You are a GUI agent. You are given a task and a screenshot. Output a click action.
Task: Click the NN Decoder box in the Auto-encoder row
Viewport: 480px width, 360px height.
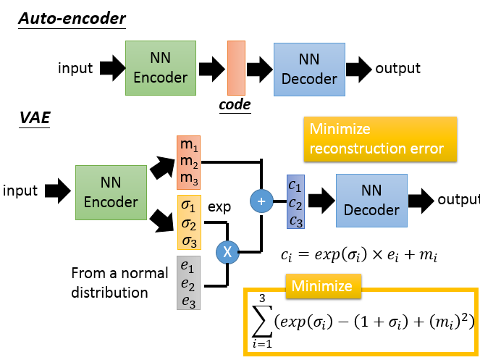tap(308, 70)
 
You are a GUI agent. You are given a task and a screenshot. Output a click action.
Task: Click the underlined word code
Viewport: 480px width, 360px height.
tap(235, 105)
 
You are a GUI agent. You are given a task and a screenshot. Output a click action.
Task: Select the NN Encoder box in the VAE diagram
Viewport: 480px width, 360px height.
tap(111, 192)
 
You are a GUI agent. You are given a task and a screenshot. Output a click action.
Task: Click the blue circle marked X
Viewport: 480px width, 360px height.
tap(228, 252)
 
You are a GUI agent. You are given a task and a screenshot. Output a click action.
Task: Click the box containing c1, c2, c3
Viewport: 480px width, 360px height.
tap(296, 201)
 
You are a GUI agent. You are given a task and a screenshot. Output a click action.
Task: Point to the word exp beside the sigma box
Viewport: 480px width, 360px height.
tap(219, 206)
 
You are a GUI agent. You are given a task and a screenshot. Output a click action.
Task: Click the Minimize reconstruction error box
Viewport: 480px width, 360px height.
tap(380, 138)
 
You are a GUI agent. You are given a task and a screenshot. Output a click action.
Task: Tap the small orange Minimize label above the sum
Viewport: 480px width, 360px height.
tap(321, 286)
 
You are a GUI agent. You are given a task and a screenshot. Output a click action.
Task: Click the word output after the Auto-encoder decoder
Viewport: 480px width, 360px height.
tap(397, 68)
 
